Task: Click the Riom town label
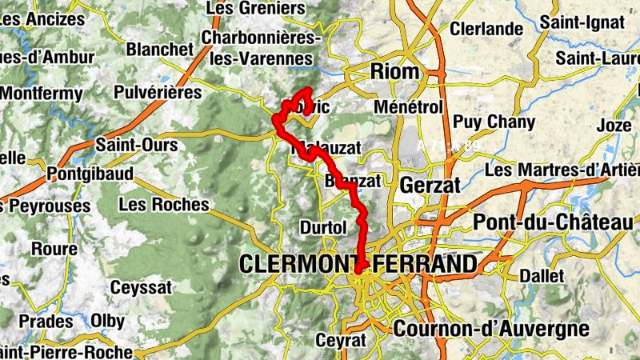click(395, 72)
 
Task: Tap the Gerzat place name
click(430, 185)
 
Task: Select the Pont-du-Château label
click(553, 222)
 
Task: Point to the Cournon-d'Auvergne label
click(490, 328)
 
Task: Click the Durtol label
click(323, 227)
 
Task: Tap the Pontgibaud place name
click(84, 173)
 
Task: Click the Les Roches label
click(163, 204)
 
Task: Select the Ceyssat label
click(142, 286)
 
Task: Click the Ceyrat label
click(341, 339)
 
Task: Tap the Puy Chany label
click(488, 122)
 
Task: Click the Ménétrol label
click(408, 106)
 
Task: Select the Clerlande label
click(486, 29)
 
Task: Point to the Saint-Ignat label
click(582, 22)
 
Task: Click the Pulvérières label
click(158, 93)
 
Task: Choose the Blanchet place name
click(160, 50)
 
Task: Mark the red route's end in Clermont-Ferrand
click(361, 269)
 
